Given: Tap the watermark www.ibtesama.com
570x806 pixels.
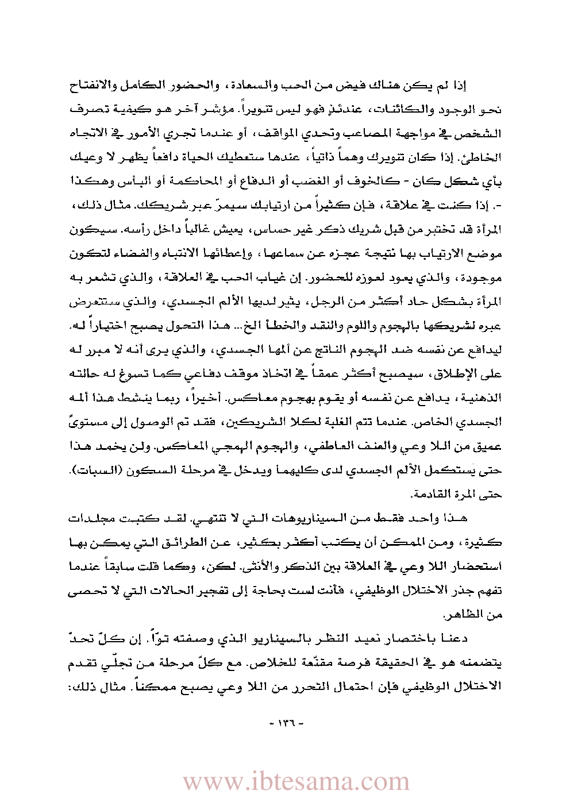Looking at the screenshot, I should pyautogui.click(x=296, y=781).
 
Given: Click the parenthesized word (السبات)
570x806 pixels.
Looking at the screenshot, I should pyautogui.click(x=479, y=471).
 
